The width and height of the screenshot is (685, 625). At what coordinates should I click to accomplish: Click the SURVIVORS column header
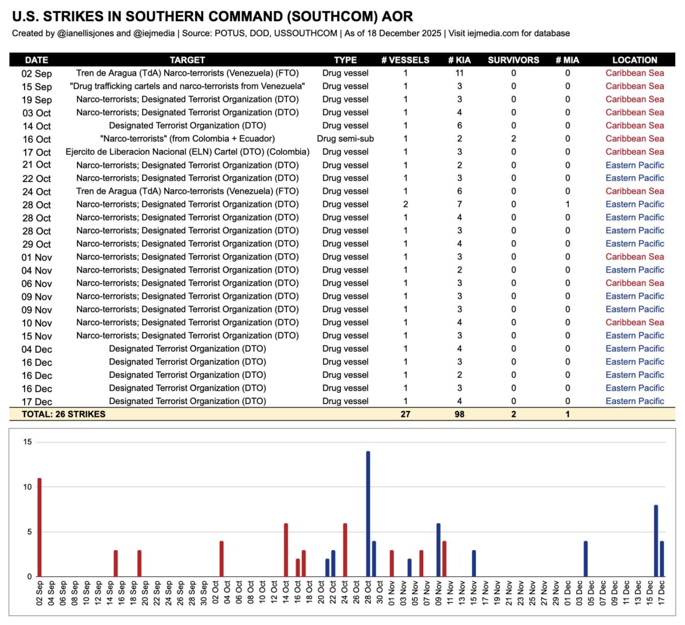click(513, 60)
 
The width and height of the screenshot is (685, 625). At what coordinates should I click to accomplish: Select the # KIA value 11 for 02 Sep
click(459, 73)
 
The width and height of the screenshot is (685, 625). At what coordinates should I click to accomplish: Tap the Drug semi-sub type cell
click(345, 139)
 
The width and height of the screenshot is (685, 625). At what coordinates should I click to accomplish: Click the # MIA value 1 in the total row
click(567, 414)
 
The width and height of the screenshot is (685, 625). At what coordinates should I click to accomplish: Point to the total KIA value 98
click(459, 414)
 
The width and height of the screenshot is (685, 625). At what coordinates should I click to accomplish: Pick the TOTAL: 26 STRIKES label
click(63, 414)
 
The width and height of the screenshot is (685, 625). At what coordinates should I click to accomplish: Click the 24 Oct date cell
click(36, 192)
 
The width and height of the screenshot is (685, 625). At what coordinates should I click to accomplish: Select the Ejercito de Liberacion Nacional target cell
click(187, 152)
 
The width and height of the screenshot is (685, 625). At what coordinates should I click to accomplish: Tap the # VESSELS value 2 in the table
click(406, 204)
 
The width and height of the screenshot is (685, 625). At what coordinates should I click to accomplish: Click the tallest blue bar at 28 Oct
click(368, 514)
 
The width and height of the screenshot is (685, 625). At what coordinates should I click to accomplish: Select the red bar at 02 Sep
click(40, 527)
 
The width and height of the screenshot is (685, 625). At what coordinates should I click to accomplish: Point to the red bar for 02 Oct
click(222, 559)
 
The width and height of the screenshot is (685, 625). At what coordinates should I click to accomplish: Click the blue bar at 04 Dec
click(585, 559)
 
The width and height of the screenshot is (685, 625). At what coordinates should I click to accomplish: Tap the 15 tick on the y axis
click(27, 442)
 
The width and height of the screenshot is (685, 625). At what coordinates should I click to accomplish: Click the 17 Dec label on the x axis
click(662, 593)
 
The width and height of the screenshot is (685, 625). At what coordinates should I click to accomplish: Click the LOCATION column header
click(635, 60)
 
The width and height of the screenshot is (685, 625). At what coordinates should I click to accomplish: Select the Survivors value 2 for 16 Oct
click(513, 139)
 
